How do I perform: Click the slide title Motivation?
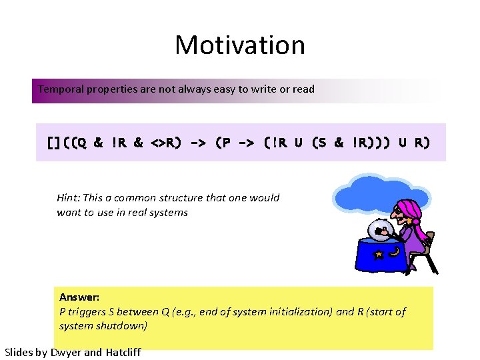click(240, 45)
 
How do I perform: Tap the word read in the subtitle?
click(303, 89)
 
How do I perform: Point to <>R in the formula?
click(163, 142)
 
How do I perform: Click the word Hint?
click(68, 198)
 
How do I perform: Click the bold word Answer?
click(79, 297)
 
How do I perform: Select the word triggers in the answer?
click(88, 312)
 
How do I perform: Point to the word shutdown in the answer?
click(125, 326)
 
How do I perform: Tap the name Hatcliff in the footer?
click(123, 353)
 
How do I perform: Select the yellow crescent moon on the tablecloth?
click(395, 252)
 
